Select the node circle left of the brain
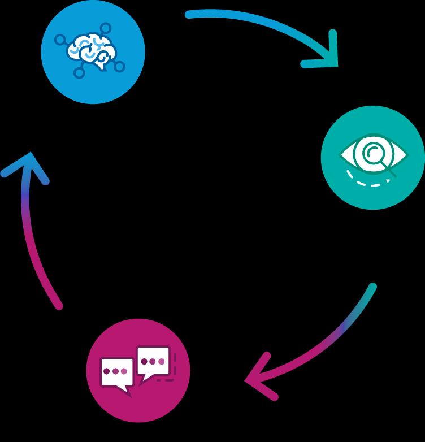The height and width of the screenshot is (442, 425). pos(59,40)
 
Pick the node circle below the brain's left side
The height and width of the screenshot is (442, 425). pos(79,72)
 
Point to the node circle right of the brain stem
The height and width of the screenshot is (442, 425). pos(119,67)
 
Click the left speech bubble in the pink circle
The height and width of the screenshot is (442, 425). pos(116,372)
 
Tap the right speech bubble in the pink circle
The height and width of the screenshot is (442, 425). pos(153,362)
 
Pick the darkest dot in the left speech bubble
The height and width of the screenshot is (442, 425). pos(106,371)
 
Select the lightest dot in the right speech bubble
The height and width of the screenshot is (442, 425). pos(162,361)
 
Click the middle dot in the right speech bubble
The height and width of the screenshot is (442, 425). pos(153,361)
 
